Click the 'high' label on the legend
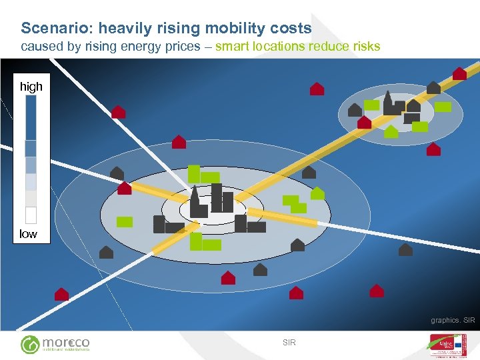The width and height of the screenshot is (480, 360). tap(31, 87)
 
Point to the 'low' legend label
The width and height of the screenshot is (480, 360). tap(28, 234)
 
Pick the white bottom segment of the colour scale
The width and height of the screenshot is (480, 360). tap(31, 215)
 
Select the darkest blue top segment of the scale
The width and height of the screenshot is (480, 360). tap(31, 117)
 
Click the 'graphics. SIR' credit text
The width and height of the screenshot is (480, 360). tap(453, 321)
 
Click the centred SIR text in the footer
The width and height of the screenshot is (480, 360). tap(289, 343)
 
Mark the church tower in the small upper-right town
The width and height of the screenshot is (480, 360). tap(388, 101)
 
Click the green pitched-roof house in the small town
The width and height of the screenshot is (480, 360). tap(391, 131)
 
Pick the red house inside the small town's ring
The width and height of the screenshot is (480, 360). tap(365, 122)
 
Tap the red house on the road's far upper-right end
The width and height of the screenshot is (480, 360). tap(459, 73)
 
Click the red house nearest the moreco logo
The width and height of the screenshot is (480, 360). tap(61, 293)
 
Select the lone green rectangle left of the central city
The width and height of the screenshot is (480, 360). tap(125, 222)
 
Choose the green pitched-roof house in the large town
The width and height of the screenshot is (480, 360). tap(318, 193)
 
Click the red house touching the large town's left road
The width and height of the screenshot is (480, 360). tap(124, 188)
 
